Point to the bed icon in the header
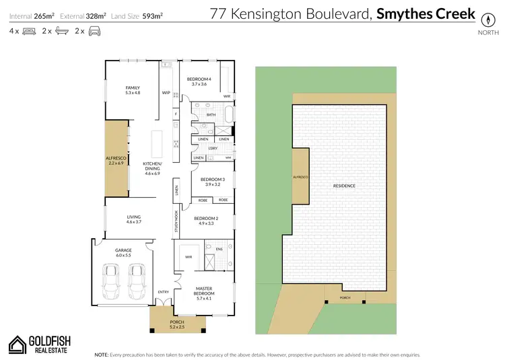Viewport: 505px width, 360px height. [x=28, y=31]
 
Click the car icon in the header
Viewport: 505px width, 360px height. [x=96, y=31]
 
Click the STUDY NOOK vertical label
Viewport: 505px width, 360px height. [x=176, y=221]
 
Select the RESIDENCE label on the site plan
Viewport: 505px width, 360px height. [x=344, y=186]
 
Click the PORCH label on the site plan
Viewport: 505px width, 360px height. [x=345, y=298]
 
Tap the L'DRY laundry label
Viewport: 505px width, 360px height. [x=211, y=148]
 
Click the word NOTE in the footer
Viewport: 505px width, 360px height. [x=101, y=353]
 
